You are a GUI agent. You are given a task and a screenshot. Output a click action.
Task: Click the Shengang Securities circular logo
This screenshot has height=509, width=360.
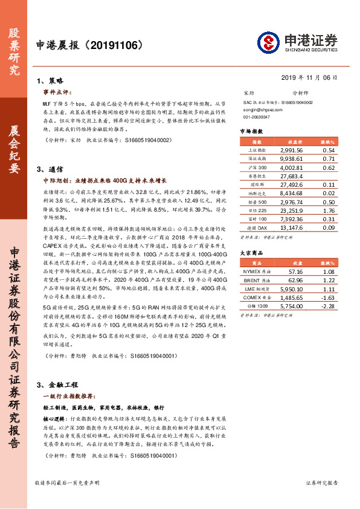click(x=269, y=43)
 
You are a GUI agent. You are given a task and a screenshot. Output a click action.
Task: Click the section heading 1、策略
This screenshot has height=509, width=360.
click(x=50, y=80)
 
